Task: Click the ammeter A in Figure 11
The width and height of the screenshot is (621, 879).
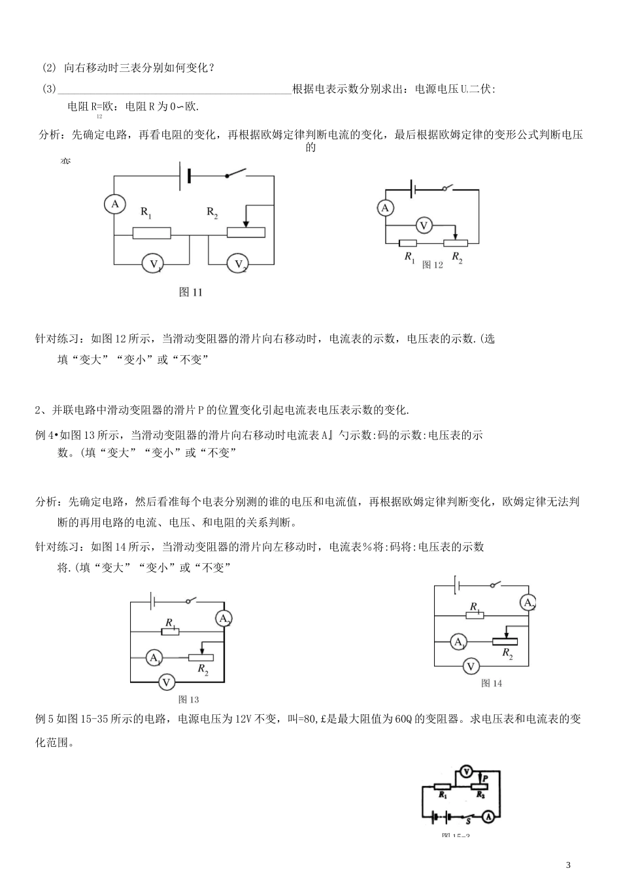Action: click(x=114, y=205)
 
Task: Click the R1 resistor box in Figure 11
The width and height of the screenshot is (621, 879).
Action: click(x=152, y=233)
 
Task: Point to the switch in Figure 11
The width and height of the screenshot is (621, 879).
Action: click(x=235, y=174)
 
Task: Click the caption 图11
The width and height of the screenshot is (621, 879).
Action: click(x=191, y=292)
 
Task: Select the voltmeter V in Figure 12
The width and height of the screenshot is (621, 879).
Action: click(x=424, y=226)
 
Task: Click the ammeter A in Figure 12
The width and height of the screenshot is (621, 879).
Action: click(x=385, y=208)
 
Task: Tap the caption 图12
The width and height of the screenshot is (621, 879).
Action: click(x=433, y=265)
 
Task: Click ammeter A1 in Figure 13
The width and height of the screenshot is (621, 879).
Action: click(x=154, y=657)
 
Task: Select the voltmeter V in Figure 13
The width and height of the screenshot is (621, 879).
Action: click(x=167, y=682)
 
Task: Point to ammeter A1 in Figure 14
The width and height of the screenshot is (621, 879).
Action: click(x=459, y=642)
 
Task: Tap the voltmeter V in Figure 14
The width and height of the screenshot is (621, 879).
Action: click(x=470, y=666)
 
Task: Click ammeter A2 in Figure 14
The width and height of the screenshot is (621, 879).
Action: click(x=528, y=603)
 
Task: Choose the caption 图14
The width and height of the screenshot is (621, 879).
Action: click(x=492, y=683)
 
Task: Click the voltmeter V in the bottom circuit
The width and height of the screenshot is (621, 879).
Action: click(x=465, y=771)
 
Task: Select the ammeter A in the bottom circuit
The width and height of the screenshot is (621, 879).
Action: click(x=488, y=817)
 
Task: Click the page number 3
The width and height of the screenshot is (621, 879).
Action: click(x=568, y=865)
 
